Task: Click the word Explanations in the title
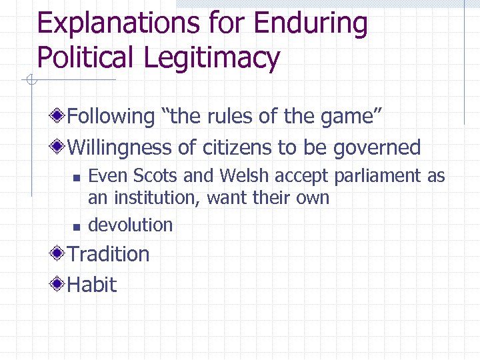click(x=107, y=25)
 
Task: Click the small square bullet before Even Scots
click(x=75, y=177)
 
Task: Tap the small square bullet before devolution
click(x=75, y=227)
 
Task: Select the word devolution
click(x=131, y=225)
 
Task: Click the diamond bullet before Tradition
click(x=60, y=254)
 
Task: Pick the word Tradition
click(x=109, y=254)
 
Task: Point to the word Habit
click(x=92, y=285)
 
